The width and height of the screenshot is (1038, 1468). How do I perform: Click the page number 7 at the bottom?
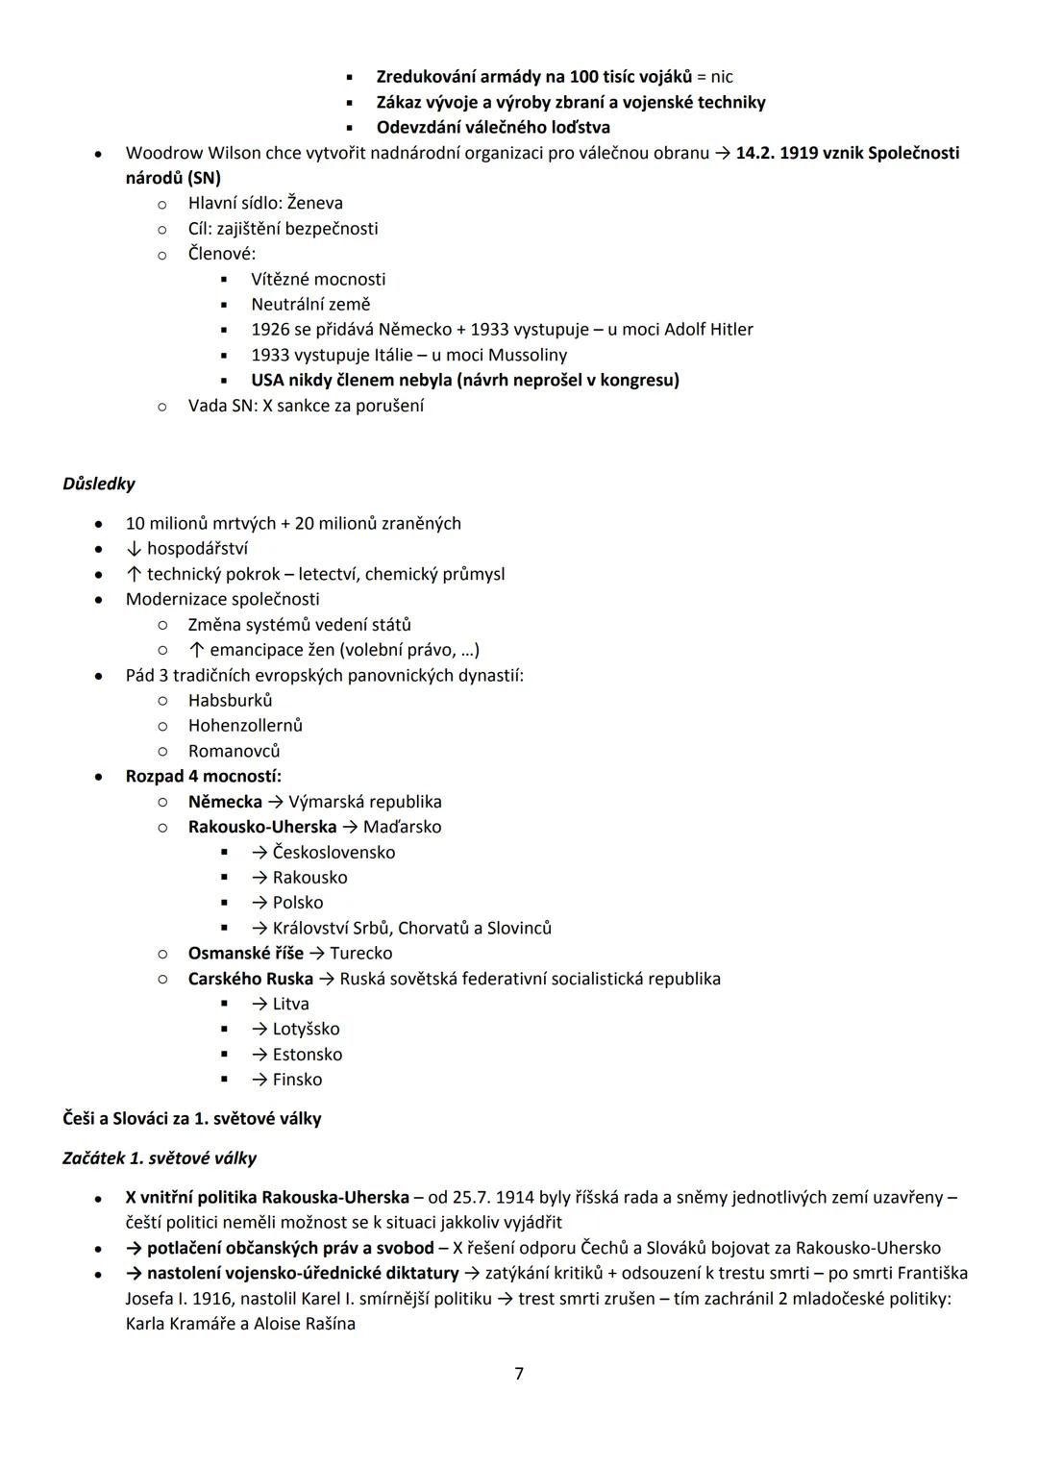point(519,1374)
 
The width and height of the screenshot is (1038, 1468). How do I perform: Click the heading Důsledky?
point(99,484)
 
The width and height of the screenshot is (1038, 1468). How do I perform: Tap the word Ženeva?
point(315,203)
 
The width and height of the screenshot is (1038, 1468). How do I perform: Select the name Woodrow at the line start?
point(160,153)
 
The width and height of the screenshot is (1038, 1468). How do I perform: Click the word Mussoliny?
point(528,355)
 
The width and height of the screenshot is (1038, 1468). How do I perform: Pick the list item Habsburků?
point(231,700)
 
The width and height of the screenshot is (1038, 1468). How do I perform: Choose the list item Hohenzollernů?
point(245,725)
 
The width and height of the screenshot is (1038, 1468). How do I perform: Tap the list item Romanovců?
point(235,751)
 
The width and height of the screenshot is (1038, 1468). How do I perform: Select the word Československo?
point(334,852)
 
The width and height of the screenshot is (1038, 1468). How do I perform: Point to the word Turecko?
point(360,953)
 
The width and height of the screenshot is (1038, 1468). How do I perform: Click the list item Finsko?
point(297,1080)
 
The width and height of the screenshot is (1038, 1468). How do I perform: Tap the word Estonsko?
point(307,1055)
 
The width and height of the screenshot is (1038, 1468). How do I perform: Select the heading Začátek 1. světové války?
point(160,1158)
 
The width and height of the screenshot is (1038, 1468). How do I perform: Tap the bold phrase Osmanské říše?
point(246,953)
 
